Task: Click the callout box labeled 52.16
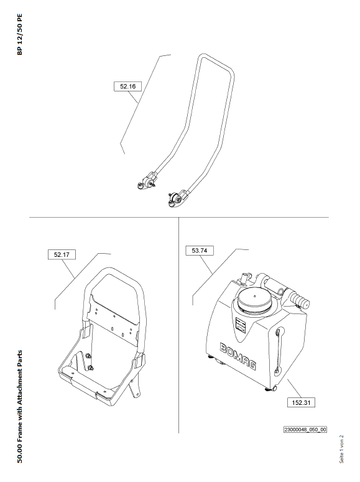[127, 86]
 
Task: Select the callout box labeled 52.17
[62, 254]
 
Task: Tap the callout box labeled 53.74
[200, 251]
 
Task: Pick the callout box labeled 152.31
[302, 402]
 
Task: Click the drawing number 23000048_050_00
[305, 429]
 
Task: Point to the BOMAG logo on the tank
[238, 356]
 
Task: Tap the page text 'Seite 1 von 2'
[341, 449]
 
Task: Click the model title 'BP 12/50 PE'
[20, 34]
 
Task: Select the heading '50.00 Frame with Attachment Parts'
[20, 406]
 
